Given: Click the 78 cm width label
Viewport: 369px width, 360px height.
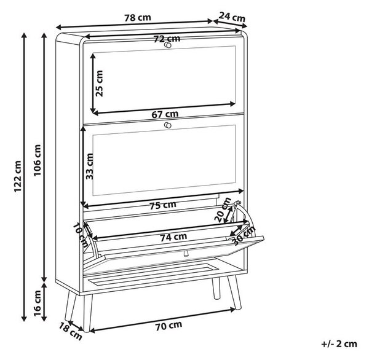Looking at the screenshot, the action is pos(138,18).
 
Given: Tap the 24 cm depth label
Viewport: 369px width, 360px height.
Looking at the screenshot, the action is pos(232,17).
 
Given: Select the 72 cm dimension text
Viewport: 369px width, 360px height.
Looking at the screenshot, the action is pos(167,39).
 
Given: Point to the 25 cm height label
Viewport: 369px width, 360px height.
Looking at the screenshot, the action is pos(99,83).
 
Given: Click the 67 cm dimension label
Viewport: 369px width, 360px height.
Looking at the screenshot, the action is pos(165,114).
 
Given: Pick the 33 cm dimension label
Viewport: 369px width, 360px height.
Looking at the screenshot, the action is pos(90,166).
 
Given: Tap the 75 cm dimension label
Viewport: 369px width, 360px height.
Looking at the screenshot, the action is pos(163,205).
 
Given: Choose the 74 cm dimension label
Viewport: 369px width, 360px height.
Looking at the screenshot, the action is pos(173,237).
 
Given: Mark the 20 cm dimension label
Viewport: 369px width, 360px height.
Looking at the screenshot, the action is pos(223,210).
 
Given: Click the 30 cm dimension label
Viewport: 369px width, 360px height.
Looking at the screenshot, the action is pos(244,236).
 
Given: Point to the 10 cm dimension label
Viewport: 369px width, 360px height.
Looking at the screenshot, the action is pos(80,235).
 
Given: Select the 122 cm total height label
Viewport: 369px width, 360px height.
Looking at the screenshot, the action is pos(18,176).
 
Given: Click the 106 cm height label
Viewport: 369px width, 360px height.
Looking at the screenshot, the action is pos(37,160).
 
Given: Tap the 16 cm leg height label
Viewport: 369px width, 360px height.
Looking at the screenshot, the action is pos(37,303).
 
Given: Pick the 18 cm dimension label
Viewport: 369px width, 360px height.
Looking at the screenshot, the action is pos(70,332).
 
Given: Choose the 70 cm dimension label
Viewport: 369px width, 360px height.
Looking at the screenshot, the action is pos(169,326).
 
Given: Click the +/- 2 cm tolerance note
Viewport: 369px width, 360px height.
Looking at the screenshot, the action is pos(339,344).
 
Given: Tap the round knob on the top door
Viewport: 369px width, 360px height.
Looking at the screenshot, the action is pos(168,45).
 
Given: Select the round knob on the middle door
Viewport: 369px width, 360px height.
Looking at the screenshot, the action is pos(168,125).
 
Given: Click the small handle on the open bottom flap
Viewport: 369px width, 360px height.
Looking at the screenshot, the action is pos(186,253).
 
